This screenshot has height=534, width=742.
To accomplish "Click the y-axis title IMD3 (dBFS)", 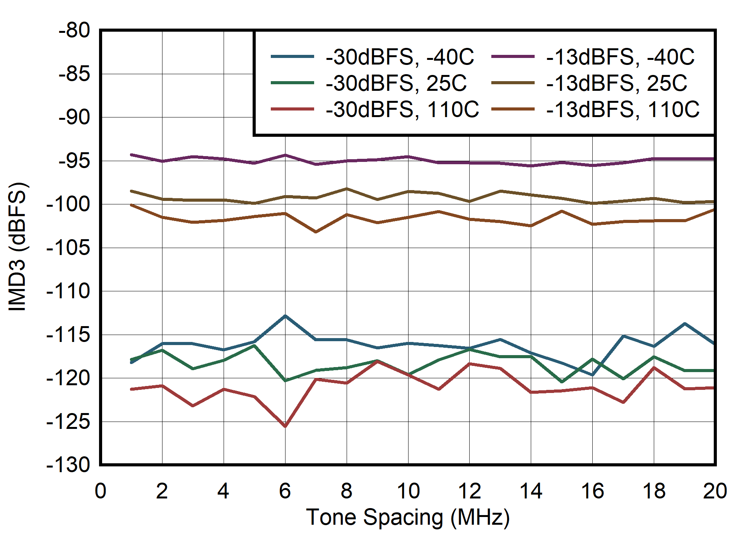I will pyautogui.click(x=17, y=246).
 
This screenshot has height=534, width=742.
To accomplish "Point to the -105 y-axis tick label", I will pyautogui.click(x=68, y=247).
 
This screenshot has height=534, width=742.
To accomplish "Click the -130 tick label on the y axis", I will pyautogui.click(x=68, y=465).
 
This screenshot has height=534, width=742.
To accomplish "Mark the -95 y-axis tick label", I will pyautogui.click(x=74, y=161).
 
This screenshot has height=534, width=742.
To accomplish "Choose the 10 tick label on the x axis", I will pyautogui.click(x=408, y=491).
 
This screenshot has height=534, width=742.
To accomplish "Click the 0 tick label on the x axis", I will pyautogui.click(x=101, y=491).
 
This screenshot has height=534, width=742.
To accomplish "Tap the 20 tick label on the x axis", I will pyautogui.click(x=715, y=491).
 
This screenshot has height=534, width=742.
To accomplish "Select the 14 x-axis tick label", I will pyautogui.click(x=531, y=491).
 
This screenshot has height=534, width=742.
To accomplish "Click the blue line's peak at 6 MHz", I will pyautogui.click(x=285, y=316).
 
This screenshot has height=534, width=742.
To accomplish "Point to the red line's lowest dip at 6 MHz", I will pyautogui.click(x=285, y=426).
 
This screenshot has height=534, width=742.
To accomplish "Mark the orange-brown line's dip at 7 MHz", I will pyautogui.click(x=316, y=232).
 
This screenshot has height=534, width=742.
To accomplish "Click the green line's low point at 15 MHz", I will pyautogui.click(x=562, y=382).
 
